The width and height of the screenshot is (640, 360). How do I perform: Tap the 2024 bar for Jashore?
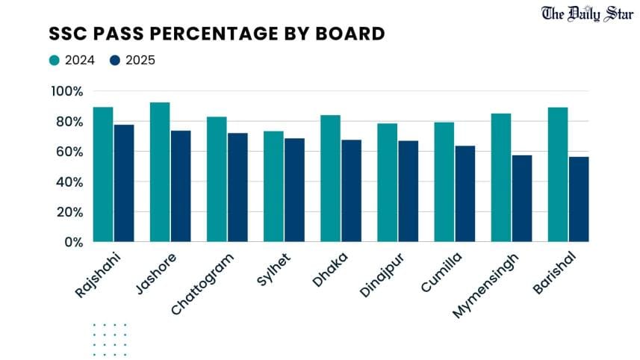pyautogui.click(x=160, y=172)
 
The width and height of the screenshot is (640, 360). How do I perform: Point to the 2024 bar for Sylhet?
pyautogui.click(x=273, y=186)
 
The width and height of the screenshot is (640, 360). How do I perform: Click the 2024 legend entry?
pyautogui.click(x=72, y=60)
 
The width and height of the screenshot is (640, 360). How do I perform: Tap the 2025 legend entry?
pyautogui.click(x=132, y=60)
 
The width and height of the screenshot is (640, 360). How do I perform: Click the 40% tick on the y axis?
pyautogui.click(x=70, y=181)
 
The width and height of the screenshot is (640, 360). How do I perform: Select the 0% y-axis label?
pyautogui.click(x=73, y=242)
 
